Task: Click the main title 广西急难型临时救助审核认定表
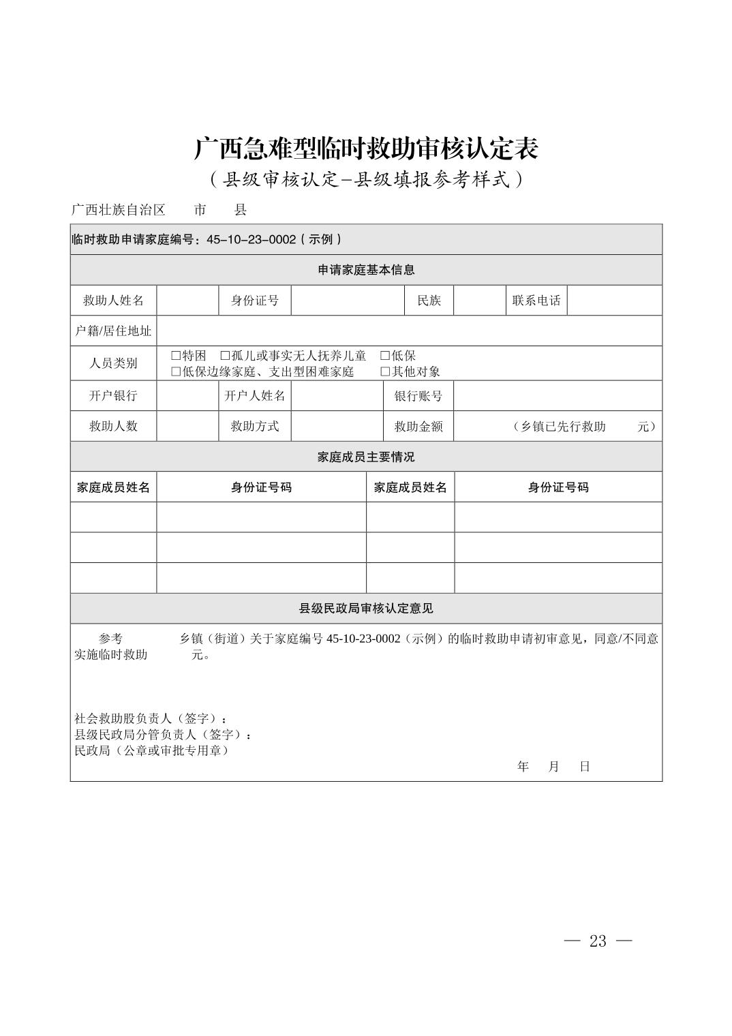(x=366, y=148)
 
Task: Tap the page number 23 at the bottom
(x=598, y=941)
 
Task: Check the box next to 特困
(x=176, y=356)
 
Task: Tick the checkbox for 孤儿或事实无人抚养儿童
(x=225, y=356)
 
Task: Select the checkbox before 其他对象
(x=385, y=371)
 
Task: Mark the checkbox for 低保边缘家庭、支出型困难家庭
(x=176, y=371)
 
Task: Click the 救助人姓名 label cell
(x=113, y=301)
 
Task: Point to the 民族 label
(x=429, y=301)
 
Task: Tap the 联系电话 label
(x=536, y=301)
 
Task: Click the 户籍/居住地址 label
(x=113, y=331)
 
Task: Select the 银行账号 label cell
(x=418, y=396)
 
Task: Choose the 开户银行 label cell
(x=113, y=396)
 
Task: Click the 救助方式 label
(x=255, y=426)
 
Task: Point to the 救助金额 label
(x=418, y=426)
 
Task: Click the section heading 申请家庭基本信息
(x=366, y=270)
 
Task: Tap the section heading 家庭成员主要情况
(x=366, y=457)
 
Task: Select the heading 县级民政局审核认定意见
(x=366, y=609)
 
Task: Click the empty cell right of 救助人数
(x=187, y=426)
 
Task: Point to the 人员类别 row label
(x=113, y=363)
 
